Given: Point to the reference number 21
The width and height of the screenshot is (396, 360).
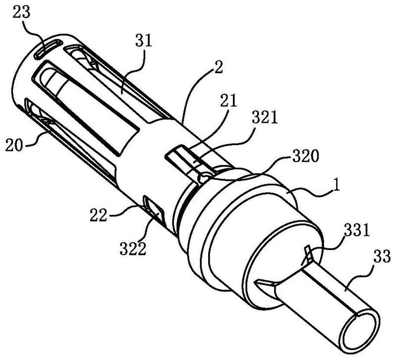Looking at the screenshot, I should (228, 102).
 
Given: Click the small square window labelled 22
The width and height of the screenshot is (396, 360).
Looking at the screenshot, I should (154, 206).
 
